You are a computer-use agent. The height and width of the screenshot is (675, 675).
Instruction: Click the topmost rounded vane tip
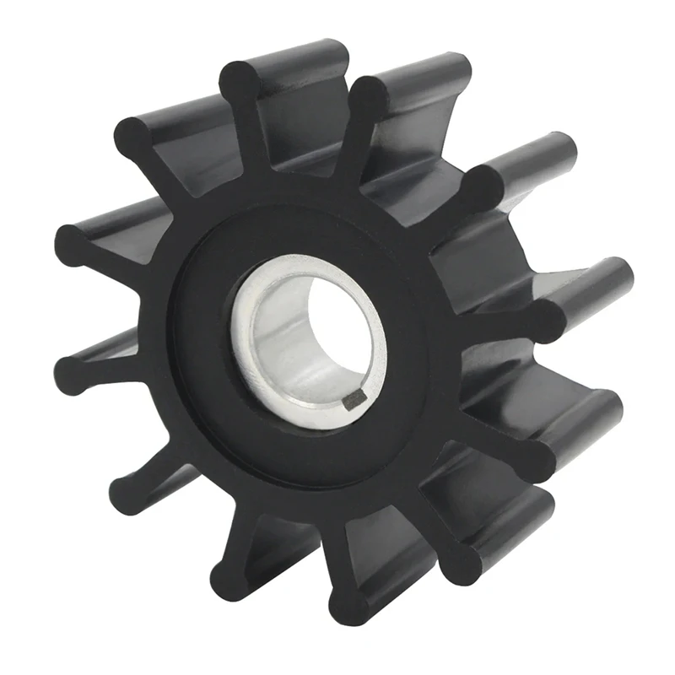point(242,80)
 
